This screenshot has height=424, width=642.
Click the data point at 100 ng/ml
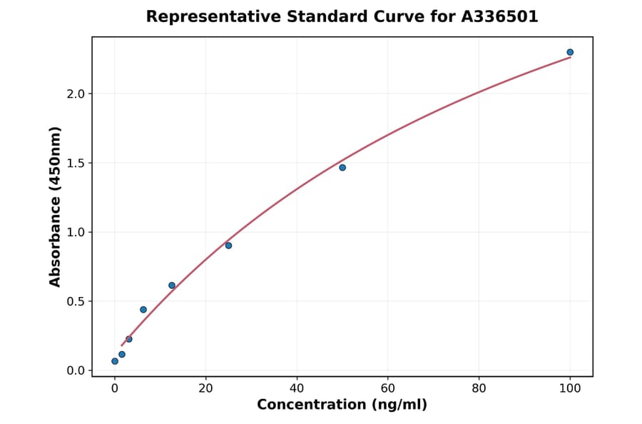[x=570, y=52]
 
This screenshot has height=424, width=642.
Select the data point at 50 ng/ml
[x=342, y=168]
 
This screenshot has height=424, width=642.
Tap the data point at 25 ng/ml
[x=228, y=246]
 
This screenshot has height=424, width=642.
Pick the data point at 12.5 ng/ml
[x=172, y=286]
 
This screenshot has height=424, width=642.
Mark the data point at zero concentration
[x=115, y=361]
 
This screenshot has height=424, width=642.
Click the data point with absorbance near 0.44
[x=143, y=310]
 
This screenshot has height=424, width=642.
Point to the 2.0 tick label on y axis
[x=75, y=94]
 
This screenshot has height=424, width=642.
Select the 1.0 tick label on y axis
[x=75, y=233]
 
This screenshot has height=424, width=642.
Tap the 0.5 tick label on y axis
[x=75, y=301]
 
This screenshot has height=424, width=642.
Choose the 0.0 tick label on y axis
[x=75, y=370]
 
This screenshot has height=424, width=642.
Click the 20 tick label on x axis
[x=205, y=388]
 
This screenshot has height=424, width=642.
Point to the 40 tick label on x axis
[x=297, y=388]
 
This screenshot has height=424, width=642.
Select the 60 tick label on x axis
[x=388, y=388]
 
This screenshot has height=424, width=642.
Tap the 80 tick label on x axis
[x=479, y=388]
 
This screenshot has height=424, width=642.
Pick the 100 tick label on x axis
[x=570, y=388]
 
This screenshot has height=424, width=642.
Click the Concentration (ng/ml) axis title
[x=342, y=405]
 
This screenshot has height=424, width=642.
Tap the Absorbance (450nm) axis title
[x=56, y=206]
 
